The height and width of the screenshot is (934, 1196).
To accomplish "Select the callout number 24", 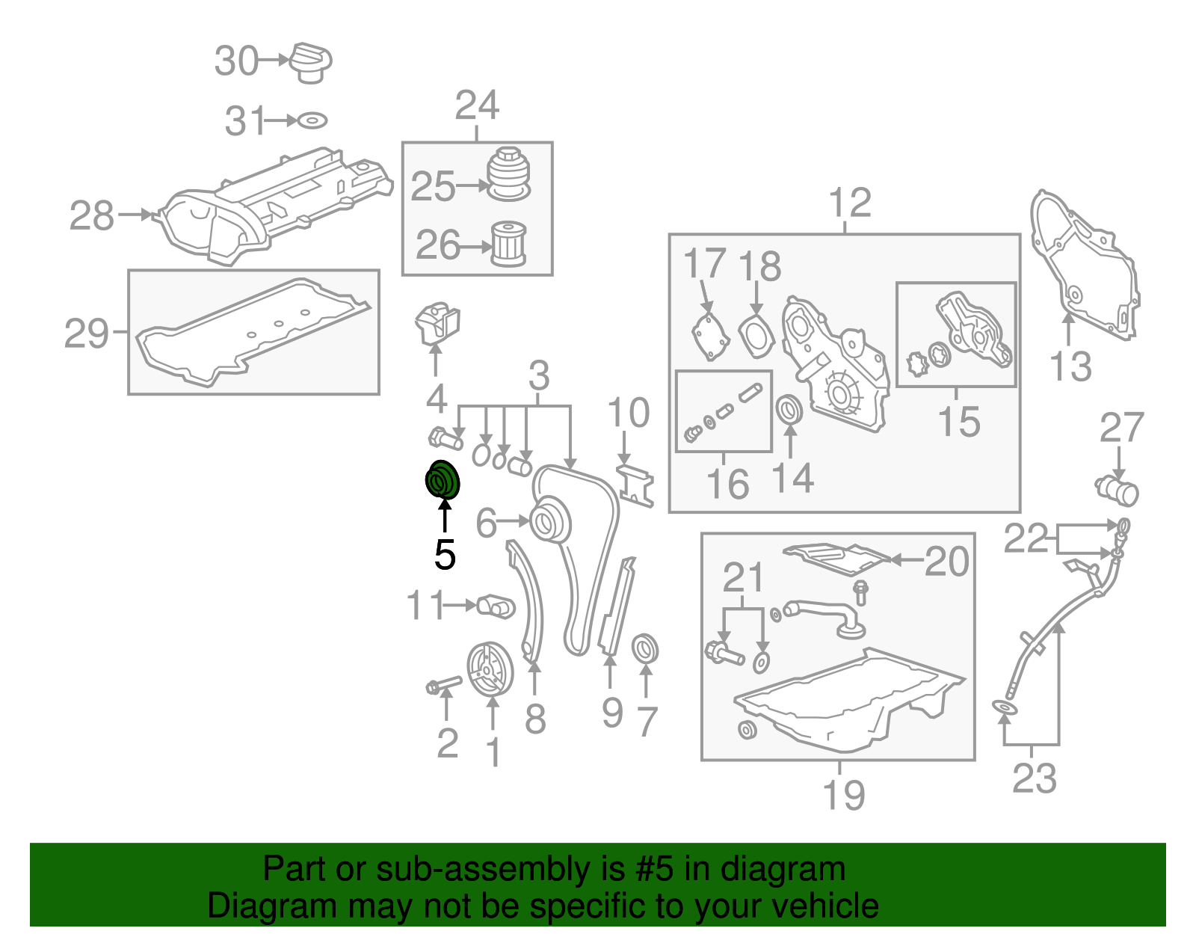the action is pyautogui.click(x=477, y=105).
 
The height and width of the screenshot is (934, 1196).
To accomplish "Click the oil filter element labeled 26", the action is pyautogui.click(x=508, y=244).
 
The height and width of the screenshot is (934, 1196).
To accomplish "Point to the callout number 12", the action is pyautogui.click(x=851, y=203).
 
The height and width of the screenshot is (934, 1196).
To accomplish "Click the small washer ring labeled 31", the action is pyautogui.click(x=312, y=120).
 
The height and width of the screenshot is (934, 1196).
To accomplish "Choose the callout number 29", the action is pyautogui.click(x=87, y=334).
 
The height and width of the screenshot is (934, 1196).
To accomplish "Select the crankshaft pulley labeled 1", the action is pyautogui.click(x=490, y=670).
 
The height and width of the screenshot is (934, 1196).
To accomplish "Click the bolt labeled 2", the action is pyautogui.click(x=443, y=685).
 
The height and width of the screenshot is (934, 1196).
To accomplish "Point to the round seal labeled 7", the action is pyautogui.click(x=644, y=649).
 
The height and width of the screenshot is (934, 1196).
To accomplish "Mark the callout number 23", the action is pyautogui.click(x=1035, y=778).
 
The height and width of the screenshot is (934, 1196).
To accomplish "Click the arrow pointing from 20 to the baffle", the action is pyautogui.click(x=907, y=560).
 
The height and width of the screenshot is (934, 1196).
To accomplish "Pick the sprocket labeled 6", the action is pyautogui.click(x=550, y=522).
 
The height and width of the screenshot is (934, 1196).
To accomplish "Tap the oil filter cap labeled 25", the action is pyautogui.click(x=509, y=173).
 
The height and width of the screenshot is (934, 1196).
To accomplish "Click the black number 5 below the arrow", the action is pyautogui.click(x=445, y=555).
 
